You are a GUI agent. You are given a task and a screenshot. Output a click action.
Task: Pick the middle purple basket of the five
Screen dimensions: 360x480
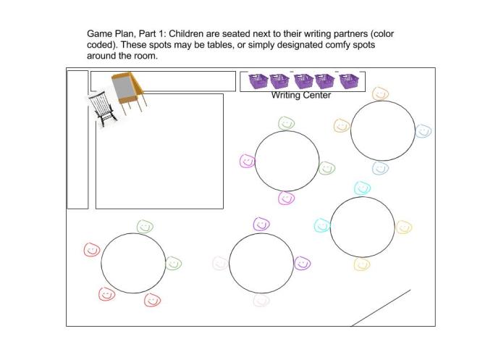[x=302, y=80]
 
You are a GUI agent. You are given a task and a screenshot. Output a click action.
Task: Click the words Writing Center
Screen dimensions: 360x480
[x=300, y=95]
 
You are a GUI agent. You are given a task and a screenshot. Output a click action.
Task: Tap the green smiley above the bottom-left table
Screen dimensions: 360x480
[x=144, y=227]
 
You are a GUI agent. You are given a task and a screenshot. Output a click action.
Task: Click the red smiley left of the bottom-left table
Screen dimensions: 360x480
[x=91, y=250]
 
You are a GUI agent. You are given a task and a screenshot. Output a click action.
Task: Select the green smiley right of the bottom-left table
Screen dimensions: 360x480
[x=173, y=264]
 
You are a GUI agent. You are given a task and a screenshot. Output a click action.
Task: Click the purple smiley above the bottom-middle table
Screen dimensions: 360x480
[x=261, y=225]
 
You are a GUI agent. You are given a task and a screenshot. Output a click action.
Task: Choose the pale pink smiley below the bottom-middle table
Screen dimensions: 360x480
[x=261, y=300]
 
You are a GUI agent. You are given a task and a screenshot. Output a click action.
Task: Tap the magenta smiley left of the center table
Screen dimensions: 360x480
[x=247, y=161]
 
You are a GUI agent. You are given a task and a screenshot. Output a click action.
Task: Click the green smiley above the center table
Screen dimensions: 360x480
[x=287, y=124]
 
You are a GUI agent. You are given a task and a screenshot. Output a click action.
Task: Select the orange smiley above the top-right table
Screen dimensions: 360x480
[x=380, y=93]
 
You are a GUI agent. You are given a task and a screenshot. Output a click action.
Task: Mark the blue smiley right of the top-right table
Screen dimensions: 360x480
[x=424, y=131]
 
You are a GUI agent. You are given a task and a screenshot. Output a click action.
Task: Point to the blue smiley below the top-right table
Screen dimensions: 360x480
[x=380, y=168]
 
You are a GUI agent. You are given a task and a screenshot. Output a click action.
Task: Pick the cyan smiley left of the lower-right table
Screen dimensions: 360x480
[x=321, y=225]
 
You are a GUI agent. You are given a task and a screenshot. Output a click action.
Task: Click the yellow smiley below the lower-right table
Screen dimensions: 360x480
[x=361, y=264]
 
